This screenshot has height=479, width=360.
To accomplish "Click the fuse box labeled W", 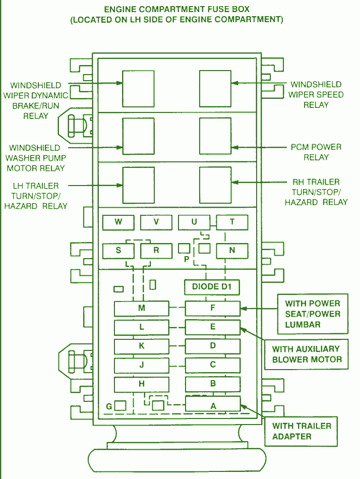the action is point(118,222).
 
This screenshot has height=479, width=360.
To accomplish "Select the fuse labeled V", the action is point(156,222).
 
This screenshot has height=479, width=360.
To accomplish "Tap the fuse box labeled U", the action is point(194,222).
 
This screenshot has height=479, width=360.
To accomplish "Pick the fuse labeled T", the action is point(232,222).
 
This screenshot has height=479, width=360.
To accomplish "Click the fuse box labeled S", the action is point(118,251).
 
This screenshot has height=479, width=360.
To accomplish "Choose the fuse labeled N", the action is point(232,251).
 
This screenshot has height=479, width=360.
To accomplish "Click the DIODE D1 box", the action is point(212,287).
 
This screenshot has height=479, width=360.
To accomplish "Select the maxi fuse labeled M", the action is point(142,309).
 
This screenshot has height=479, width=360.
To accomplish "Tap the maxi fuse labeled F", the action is point(213,308).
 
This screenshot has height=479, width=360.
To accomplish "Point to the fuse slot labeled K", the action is point(142,346).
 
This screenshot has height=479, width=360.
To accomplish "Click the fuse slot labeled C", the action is point(213,365).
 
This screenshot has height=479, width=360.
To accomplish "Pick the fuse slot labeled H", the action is point(142,384).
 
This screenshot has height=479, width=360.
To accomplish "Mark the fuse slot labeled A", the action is point(213,404).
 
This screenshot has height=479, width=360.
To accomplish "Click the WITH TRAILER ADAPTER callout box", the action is point(301,431).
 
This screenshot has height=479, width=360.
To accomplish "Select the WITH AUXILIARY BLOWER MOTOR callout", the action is point(306,354).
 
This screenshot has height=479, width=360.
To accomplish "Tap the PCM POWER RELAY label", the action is point(316,152).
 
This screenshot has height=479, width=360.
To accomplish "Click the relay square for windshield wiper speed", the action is point(215,89).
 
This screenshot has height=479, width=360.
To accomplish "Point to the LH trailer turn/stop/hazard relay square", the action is point(139,185).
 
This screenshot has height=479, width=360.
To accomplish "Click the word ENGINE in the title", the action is point(122,9).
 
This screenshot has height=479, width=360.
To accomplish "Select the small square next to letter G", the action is point(120,406).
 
